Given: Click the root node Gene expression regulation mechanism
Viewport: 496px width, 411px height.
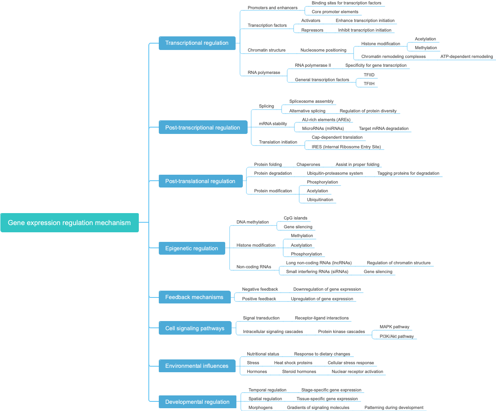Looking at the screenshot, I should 69,223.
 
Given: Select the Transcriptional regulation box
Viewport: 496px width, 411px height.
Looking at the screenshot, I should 197,43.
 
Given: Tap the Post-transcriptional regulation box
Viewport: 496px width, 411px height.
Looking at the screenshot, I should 203,128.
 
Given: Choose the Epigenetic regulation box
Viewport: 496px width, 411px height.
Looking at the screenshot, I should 192,248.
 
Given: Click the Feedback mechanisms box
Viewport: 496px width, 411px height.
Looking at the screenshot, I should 194,297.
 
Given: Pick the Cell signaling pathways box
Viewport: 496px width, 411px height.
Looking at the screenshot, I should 195,328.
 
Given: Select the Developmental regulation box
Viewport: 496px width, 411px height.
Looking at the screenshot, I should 198,402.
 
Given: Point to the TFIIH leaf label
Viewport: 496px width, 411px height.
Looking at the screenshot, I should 369,84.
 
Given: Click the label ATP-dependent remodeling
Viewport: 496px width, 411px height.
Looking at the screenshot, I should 466,56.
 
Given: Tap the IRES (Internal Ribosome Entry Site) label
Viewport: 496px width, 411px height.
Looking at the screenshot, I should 346,147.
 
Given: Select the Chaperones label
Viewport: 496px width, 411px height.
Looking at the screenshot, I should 308,164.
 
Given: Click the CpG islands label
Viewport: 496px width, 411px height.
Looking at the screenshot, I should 295,218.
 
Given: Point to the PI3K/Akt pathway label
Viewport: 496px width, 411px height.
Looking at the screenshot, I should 396,336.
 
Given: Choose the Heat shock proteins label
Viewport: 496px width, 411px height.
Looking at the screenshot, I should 293,363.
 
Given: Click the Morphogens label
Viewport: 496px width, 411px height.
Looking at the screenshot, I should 260,407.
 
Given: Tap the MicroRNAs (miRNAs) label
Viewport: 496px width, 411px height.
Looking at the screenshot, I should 323,128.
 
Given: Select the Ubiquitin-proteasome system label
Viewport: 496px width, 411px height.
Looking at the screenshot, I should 335,173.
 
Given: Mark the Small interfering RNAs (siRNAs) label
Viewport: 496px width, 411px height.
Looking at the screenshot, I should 317,271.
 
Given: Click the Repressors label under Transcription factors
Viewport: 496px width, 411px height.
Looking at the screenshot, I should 312,30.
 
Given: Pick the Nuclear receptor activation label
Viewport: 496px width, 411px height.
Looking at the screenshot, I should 357,371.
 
